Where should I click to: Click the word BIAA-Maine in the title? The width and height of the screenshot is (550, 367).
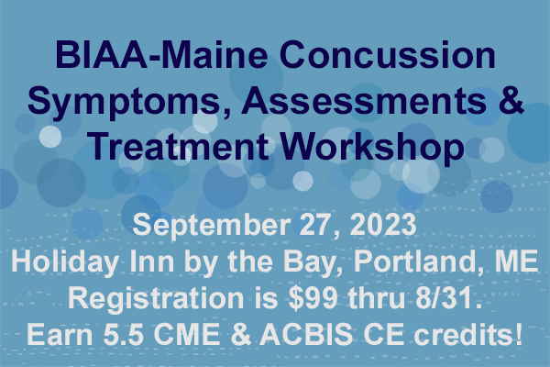point(161,55)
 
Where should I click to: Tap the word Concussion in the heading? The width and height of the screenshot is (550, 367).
point(387,55)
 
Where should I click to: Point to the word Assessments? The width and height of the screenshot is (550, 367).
point(364,101)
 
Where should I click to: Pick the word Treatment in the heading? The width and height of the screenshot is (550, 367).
point(178,147)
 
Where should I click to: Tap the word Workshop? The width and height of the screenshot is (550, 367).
point(372,149)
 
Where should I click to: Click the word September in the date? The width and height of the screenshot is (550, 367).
point(211,226)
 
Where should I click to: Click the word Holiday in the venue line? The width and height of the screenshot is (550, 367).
point(65,262)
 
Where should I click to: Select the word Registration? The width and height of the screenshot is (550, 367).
point(156,299)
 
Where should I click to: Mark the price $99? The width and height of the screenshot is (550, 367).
point(313,298)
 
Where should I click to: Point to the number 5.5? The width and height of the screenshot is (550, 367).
point(123,334)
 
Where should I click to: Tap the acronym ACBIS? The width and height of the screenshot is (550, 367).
point(306,334)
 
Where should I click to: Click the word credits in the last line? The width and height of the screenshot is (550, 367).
point(467,334)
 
